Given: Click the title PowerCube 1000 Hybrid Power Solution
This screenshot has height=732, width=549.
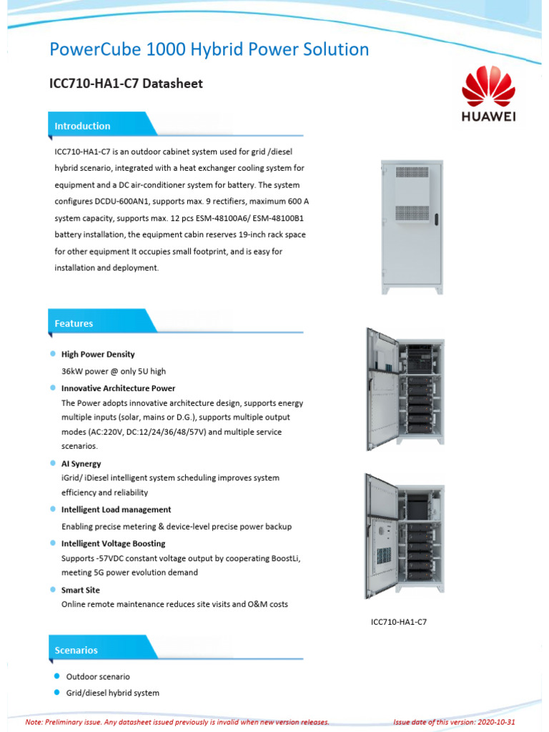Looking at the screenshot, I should pos(209,49).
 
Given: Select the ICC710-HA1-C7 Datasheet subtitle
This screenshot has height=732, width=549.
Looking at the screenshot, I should pos(126,84).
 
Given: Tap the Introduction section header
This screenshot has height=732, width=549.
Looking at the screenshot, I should pos(82,126).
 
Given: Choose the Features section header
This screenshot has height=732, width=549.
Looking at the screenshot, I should pos(74,323).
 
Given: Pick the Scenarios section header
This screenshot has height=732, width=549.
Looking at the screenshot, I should pos(76,650).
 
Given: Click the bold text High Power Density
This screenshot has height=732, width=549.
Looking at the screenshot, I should pos(98,355).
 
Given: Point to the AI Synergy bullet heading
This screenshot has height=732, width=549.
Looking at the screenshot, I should pos(81,464).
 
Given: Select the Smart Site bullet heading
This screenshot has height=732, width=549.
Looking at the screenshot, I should pos(80,590).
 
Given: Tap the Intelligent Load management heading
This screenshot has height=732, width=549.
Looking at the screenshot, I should pos(116,510).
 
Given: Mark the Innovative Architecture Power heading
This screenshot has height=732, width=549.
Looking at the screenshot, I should pos(118,388).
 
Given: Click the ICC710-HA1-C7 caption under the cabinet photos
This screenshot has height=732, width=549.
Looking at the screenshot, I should pos(398,622).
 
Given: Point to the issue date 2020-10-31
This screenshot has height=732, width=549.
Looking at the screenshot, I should pos(495,722).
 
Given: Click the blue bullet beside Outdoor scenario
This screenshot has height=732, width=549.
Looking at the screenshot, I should pos(55,676).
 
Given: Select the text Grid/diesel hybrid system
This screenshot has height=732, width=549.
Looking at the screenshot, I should pos(112,693).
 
